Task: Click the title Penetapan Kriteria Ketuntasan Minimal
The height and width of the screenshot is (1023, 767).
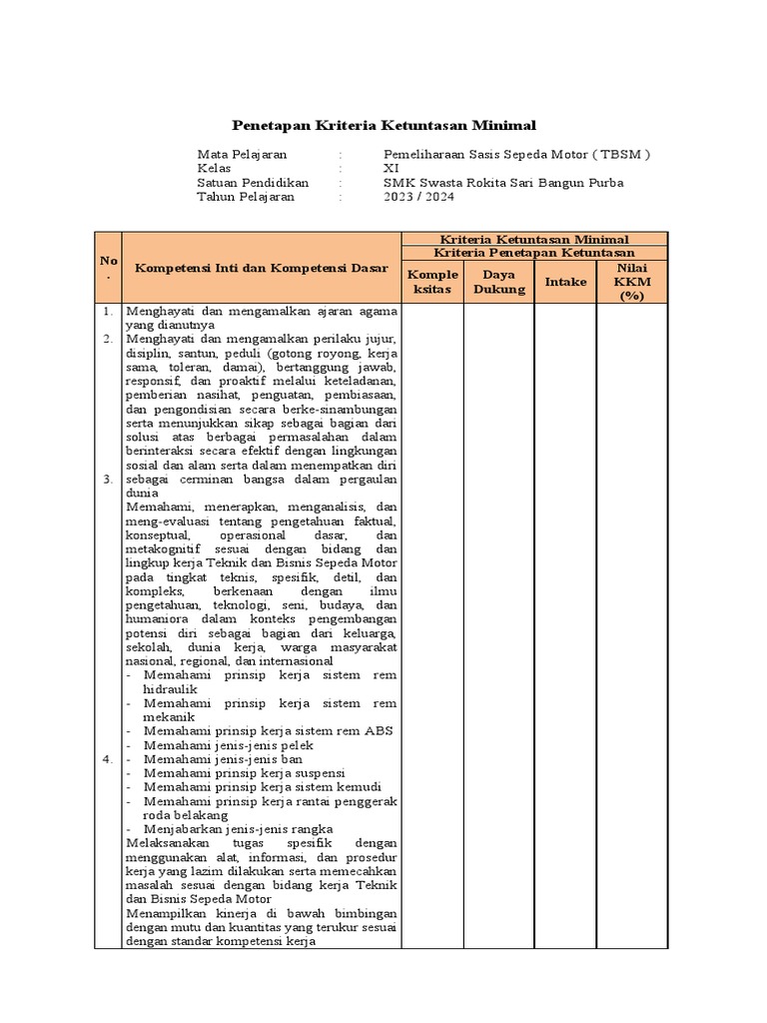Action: (x=383, y=125)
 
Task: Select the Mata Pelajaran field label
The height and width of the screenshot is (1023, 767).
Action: (x=242, y=155)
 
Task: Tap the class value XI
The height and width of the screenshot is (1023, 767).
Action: (x=391, y=169)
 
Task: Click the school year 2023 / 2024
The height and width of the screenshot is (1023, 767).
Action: (x=419, y=197)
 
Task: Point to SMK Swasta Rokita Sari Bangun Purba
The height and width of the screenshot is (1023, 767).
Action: (x=503, y=183)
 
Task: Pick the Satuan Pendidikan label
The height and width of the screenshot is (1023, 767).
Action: (x=253, y=183)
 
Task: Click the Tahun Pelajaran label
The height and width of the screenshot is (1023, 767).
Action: (x=246, y=197)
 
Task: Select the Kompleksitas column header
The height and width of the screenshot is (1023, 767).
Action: (x=432, y=282)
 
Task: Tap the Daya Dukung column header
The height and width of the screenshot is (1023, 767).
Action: (x=498, y=282)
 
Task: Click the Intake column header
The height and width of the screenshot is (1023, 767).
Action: (x=565, y=282)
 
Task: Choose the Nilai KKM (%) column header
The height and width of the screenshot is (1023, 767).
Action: (x=632, y=282)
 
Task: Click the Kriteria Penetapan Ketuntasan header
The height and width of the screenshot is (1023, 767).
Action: (x=534, y=253)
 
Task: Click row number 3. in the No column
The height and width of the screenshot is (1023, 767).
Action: (x=108, y=480)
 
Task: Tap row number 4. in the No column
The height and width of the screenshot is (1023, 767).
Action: (x=108, y=760)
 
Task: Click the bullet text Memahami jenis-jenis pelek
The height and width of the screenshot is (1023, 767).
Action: (x=228, y=745)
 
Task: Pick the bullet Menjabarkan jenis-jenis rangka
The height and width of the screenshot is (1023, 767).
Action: (x=238, y=829)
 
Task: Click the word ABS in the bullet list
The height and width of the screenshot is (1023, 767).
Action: (x=379, y=730)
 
